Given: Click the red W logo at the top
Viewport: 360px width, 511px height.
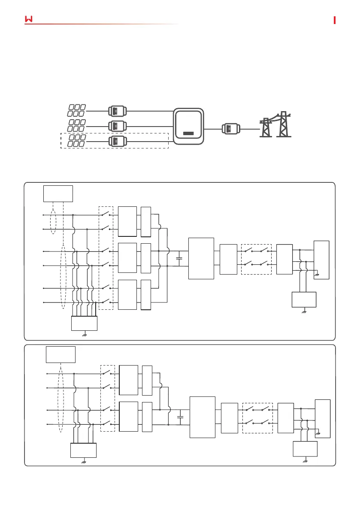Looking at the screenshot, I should click(x=29, y=19).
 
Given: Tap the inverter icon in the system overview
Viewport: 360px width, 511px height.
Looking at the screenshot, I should click(x=188, y=125).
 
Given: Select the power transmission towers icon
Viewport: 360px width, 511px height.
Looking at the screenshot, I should click(x=275, y=124).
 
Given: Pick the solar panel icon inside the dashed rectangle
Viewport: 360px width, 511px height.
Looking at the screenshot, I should click(x=76, y=140).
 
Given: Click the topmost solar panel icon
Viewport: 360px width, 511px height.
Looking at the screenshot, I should click(x=76, y=110).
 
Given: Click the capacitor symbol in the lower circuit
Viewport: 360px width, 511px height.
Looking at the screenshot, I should click(x=180, y=417).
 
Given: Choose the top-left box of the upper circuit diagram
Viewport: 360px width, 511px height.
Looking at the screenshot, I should click(x=58, y=193).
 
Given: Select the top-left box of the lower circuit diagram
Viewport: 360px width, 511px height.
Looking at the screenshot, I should click(x=61, y=354).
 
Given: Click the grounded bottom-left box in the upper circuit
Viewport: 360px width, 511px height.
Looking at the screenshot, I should click(x=84, y=323).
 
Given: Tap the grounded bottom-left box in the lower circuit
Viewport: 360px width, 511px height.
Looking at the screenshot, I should click(x=84, y=451).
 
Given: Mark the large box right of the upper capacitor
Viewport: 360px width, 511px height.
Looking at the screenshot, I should click(x=201, y=258).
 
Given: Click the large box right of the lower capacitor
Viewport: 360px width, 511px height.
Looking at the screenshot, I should click(x=202, y=417).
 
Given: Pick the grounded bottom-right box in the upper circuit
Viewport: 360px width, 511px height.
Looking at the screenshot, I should click(x=303, y=299).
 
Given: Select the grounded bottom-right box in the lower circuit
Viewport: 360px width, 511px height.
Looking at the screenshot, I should click(x=305, y=448).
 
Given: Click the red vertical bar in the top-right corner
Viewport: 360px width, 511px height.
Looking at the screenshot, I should click(x=335, y=20).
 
